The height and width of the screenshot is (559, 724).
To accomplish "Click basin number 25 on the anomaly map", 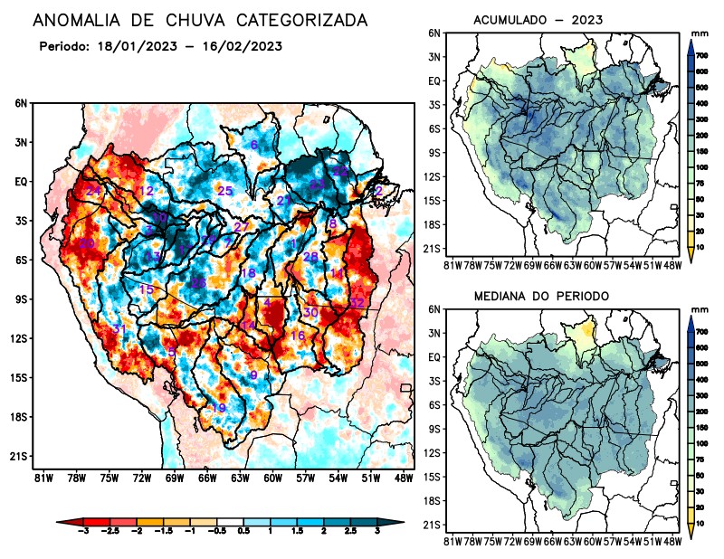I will click(x=225, y=190).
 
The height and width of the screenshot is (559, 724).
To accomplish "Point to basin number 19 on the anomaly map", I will click(x=218, y=408).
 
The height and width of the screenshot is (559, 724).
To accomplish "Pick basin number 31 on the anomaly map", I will click(x=119, y=328).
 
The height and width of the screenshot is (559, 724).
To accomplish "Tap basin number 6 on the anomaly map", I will click(x=254, y=145).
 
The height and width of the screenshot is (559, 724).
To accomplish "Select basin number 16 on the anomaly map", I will click(x=298, y=336).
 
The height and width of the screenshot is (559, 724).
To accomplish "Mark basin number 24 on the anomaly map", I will click(x=94, y=190).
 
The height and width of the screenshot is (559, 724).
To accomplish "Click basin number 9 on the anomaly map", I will click(x=253, y=375).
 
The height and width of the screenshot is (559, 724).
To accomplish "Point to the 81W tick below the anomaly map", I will click(x=42, y=478).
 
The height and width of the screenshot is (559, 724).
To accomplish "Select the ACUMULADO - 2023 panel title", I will click(x=538, y=20).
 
